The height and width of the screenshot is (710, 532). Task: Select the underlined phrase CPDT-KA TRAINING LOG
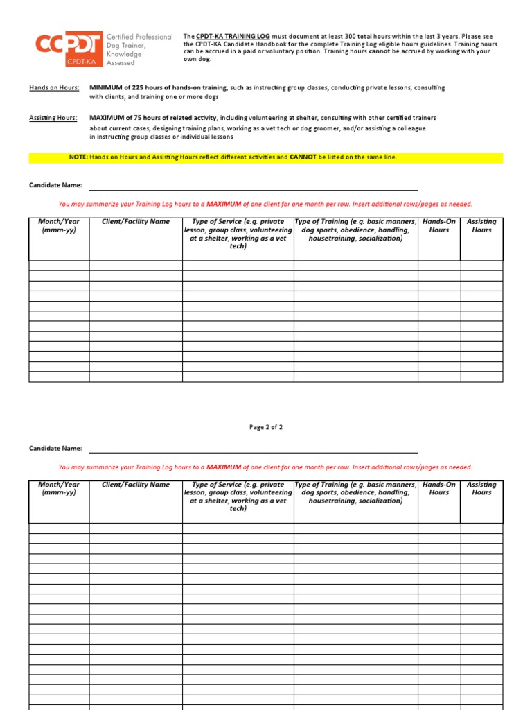click(229, 36)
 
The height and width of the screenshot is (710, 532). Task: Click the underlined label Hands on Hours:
click(53, 88)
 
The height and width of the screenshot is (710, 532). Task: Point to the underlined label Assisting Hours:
click(53, 119)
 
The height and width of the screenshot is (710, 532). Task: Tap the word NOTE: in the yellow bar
click(78, 158)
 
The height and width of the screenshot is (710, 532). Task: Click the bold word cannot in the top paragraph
click(380, 51)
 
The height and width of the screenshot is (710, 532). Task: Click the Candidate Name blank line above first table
click(252, 186)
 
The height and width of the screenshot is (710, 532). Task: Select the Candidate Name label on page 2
click(55, 449)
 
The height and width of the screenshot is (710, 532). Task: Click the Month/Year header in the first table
click(59, 226)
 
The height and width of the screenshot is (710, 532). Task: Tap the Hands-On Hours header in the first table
click(438, 226)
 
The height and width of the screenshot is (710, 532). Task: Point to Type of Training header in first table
click(355, 230)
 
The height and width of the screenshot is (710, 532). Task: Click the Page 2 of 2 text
click(266, 428)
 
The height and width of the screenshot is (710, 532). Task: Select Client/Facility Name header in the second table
click(135, 485)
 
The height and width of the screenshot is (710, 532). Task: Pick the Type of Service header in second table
click(238, 496)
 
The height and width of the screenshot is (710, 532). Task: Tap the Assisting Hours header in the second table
click(481, 489)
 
